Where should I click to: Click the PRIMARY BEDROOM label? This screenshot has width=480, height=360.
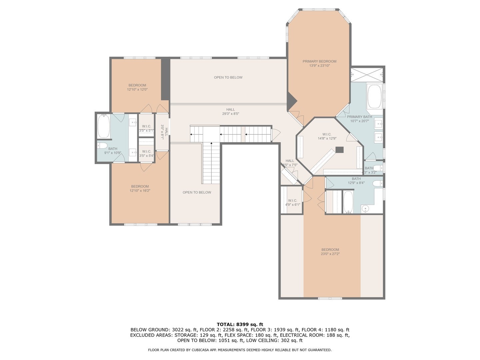tap(319, 61)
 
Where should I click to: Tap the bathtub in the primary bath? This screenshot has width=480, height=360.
tap(374, 96)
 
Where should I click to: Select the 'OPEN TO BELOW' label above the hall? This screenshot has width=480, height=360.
tap(228, 77)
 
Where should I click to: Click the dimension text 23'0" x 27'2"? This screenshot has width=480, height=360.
tap(330, 254)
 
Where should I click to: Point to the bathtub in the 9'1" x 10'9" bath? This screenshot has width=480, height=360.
tap(104, 126)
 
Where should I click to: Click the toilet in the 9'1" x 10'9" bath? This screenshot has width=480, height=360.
tap(102, 145)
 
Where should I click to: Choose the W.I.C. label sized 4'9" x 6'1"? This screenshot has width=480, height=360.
tap(292, 201)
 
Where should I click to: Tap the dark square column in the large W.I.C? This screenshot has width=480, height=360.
tap(339, 150)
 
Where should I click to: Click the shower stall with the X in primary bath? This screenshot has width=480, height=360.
tap(367, 75)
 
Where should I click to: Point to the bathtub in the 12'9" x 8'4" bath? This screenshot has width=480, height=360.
tap(348, 202)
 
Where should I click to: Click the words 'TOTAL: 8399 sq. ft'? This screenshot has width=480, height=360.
tap(240, 324)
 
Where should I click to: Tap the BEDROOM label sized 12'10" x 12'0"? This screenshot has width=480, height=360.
tap(137, 85)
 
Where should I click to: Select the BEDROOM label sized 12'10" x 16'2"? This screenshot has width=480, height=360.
tap(140, 186)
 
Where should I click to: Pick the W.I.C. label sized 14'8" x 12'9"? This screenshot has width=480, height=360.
tap(327, 134)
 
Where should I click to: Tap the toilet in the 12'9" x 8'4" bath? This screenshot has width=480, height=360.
tap(377, 183)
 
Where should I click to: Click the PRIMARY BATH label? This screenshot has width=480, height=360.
tap(359, 117)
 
